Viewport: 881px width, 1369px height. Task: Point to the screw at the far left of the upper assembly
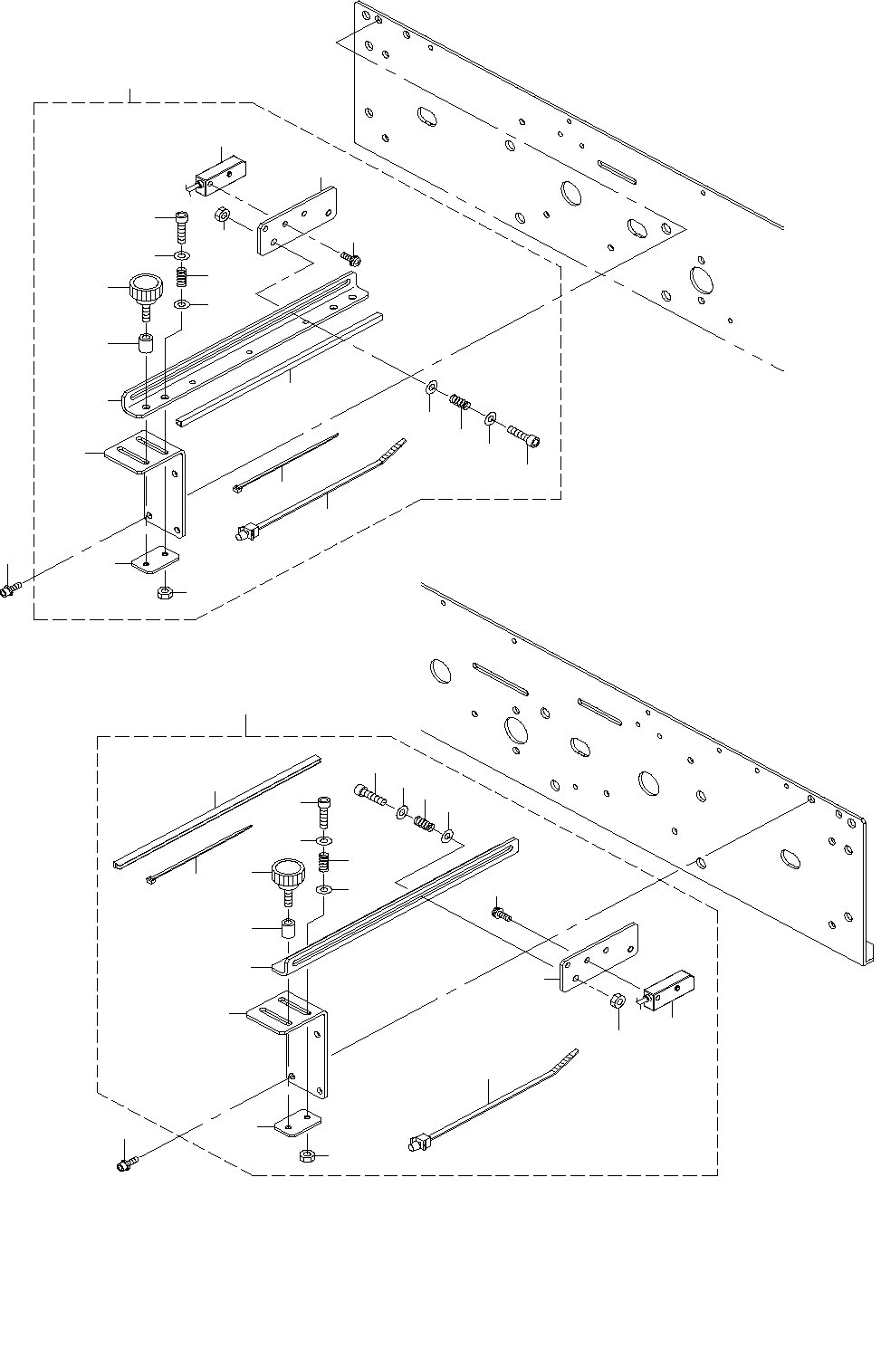click(10, 590)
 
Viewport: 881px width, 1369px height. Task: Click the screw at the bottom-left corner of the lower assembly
click(125, 1165)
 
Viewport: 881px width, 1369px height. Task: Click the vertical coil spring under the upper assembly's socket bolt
click(181, 273)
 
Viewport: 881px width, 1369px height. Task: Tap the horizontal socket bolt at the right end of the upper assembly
click(525, 436)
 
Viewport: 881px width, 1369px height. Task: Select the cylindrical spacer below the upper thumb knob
click(145, 345)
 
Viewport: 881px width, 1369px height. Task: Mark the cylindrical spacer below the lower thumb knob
click(288, 930)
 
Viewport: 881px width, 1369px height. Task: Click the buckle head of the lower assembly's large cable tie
click(418, 1144)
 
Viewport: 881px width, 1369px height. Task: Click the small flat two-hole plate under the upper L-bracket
click(157, 561)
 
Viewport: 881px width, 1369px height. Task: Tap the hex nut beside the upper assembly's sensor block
click(220, 217)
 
